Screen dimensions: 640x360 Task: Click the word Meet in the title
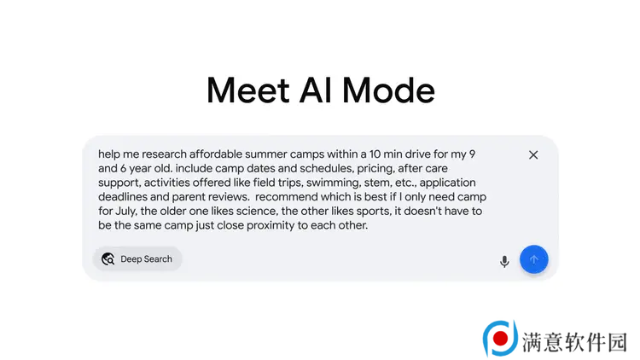tap(248, 90)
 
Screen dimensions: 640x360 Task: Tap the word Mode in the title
tap(388, 90)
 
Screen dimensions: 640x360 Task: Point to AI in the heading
tap(316, 90)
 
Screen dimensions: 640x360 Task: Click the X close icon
tap(533, 155)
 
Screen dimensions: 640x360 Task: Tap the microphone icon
tap(504, 261)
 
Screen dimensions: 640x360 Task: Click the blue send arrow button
tap(534, 259)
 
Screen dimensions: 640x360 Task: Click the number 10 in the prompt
tap(375, 154)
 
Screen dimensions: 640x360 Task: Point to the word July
tap(125, 212)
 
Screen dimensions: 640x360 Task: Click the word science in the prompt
tap(257, 212)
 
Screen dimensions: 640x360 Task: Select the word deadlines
tap(123, 197)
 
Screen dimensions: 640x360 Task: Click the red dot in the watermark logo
tap(500, 339)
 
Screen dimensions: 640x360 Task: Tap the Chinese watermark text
tap(574, 342)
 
